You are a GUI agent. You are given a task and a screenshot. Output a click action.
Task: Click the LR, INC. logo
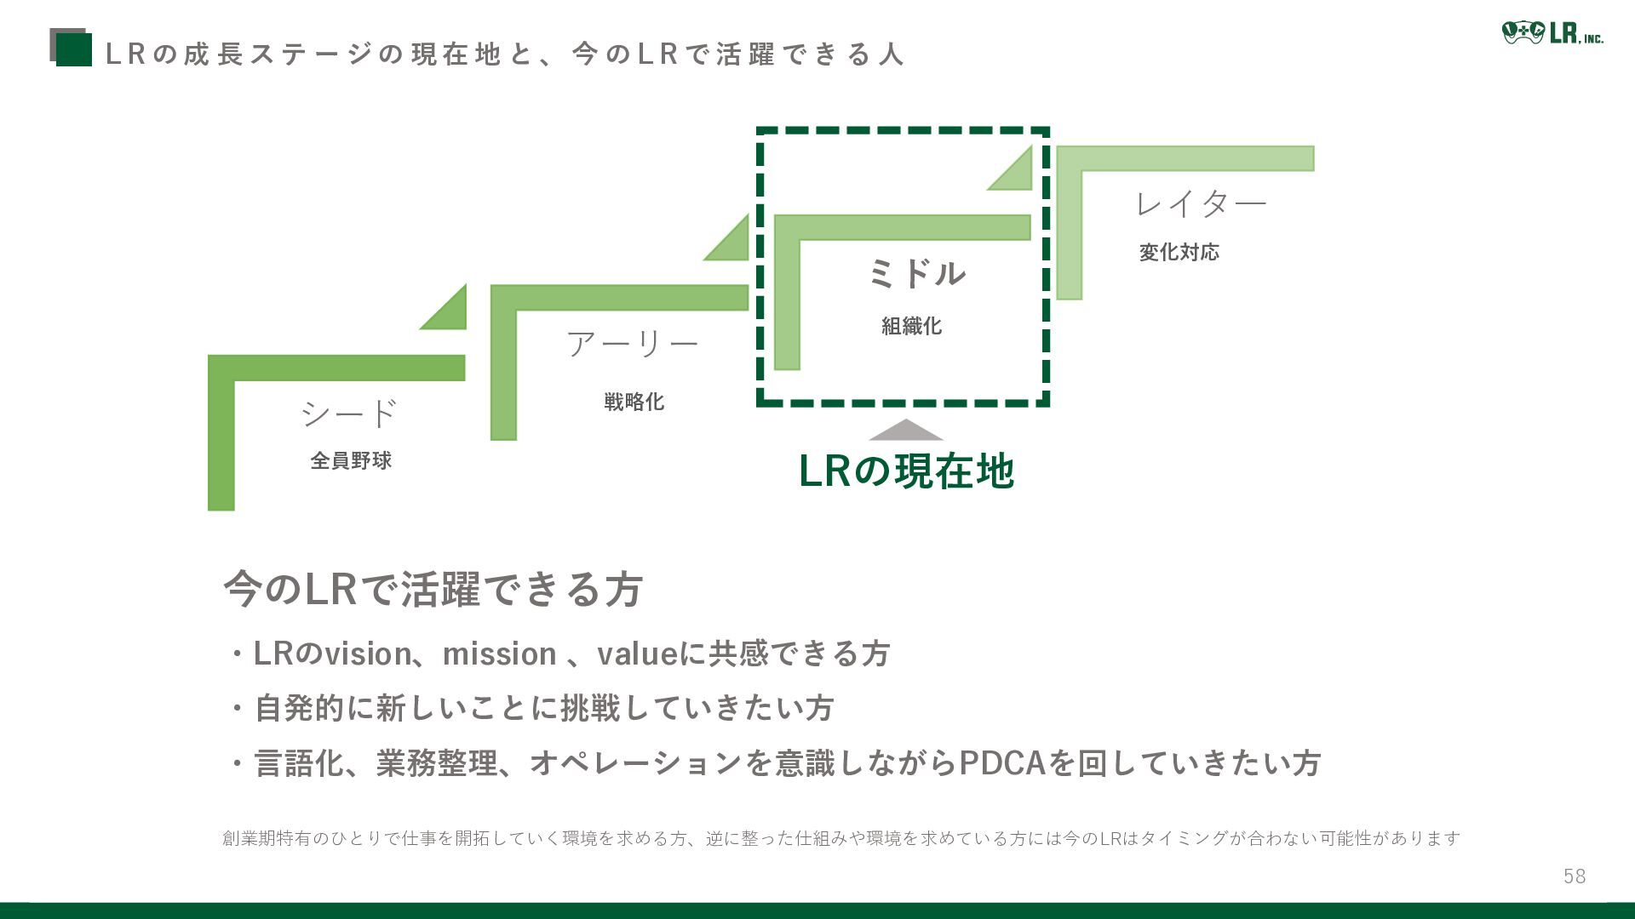tap(1552, 34)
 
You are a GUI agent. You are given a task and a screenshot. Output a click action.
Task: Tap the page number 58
tap(1574, 876)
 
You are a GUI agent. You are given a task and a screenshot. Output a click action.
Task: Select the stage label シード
tap(349, 414)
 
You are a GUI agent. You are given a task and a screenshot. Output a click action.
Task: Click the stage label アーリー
tap(632, 344)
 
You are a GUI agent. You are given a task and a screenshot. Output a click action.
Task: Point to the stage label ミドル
tap(916, 274)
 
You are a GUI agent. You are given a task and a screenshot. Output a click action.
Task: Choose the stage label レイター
tap(1201, 203)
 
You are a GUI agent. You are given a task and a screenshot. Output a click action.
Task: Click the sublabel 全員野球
tap(351, 460)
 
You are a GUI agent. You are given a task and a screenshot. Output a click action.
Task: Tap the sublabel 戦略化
tap(634, 402)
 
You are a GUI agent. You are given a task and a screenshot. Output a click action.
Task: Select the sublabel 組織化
tap(911, 326)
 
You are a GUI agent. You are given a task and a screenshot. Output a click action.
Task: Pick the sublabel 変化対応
tap(1179, 252)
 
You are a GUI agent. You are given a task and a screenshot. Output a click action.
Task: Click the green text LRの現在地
tap(906, 471)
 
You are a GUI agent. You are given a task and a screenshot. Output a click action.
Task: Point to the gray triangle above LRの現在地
tap(906, 431)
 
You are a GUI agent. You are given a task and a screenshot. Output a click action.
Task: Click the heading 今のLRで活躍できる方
tap(433, 589)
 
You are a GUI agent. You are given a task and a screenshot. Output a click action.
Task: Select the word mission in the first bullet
tap(499, 654)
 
